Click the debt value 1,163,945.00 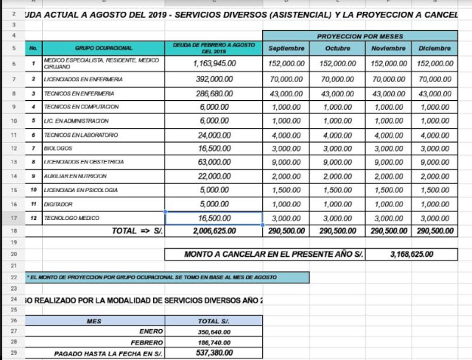click(214, 64)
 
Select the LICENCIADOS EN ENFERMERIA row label click(83, 79)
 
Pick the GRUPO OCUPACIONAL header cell click(103, 47)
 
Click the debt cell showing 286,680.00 click(214, 93)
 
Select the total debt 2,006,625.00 click(214, 231)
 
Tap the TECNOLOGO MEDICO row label click(71, 218)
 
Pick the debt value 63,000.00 click(214, 162)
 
